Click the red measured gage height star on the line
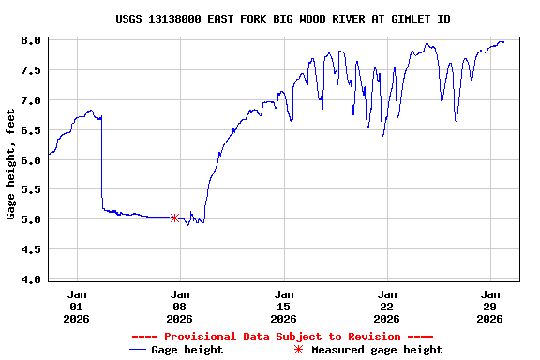[x=174, y=217]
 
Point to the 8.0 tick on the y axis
[x=32, y=40]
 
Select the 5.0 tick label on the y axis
[x=32, y=219]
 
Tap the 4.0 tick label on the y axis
[x=32, y=279]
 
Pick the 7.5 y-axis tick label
[x=32, y=70]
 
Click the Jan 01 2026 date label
[x=76, y=306]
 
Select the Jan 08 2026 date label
[x=180, y=306]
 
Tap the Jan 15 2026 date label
[x=283, y=306]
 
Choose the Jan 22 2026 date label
[x=387, y=306]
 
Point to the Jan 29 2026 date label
[x=490, y=306]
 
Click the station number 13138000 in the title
[x=180, y=19]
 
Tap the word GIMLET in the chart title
[x=409, y=19]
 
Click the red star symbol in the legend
[x=298, y=350]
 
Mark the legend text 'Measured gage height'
[x=377, y=350]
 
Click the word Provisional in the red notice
[x=200, y=337]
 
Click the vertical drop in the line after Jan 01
[x=101, y=159]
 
